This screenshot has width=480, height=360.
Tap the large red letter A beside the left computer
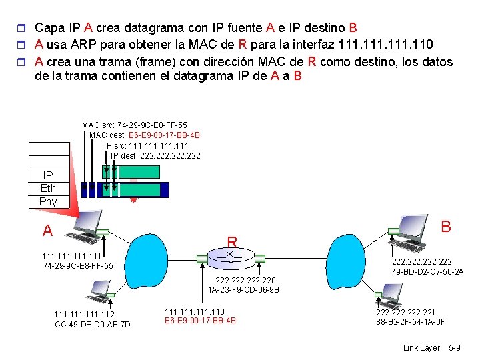47,231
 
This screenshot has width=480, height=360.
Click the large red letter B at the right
446,227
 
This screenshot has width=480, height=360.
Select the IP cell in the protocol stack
48,175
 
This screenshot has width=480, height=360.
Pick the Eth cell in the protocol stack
48,188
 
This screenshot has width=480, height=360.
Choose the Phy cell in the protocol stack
48,201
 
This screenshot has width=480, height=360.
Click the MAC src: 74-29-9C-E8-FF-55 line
134,125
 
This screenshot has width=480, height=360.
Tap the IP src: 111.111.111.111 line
147,145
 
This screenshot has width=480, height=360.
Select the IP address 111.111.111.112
84,315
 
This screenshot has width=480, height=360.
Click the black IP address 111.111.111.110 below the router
195,311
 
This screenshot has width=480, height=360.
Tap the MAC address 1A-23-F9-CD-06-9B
243,290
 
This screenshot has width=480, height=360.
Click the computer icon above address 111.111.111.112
100,289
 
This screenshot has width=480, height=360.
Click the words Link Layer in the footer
422,348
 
